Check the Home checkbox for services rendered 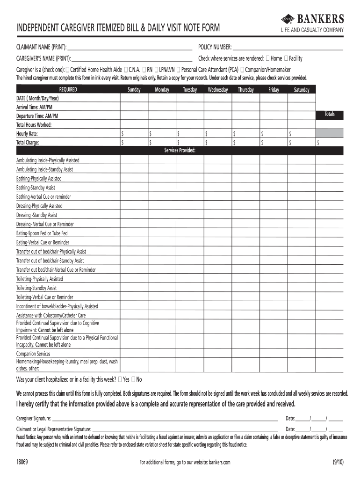click(x=267, y=58)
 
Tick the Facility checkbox click(x=286, y=58)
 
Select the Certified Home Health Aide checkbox click(x=66, y=69)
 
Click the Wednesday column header click(x=218, y=89)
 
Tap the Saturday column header click(x=302, y=89)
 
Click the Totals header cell click(x=330, y=114)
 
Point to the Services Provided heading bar click(x=180, y=150)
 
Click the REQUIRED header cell click(x=68, y=89)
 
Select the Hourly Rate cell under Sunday click(x=135, y=134)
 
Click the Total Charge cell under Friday click(x=274, y=143)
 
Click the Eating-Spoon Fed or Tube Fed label click(x=42, y=233)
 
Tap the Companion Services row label click(x=33, y=354)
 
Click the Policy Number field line click(x=288, y=48)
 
